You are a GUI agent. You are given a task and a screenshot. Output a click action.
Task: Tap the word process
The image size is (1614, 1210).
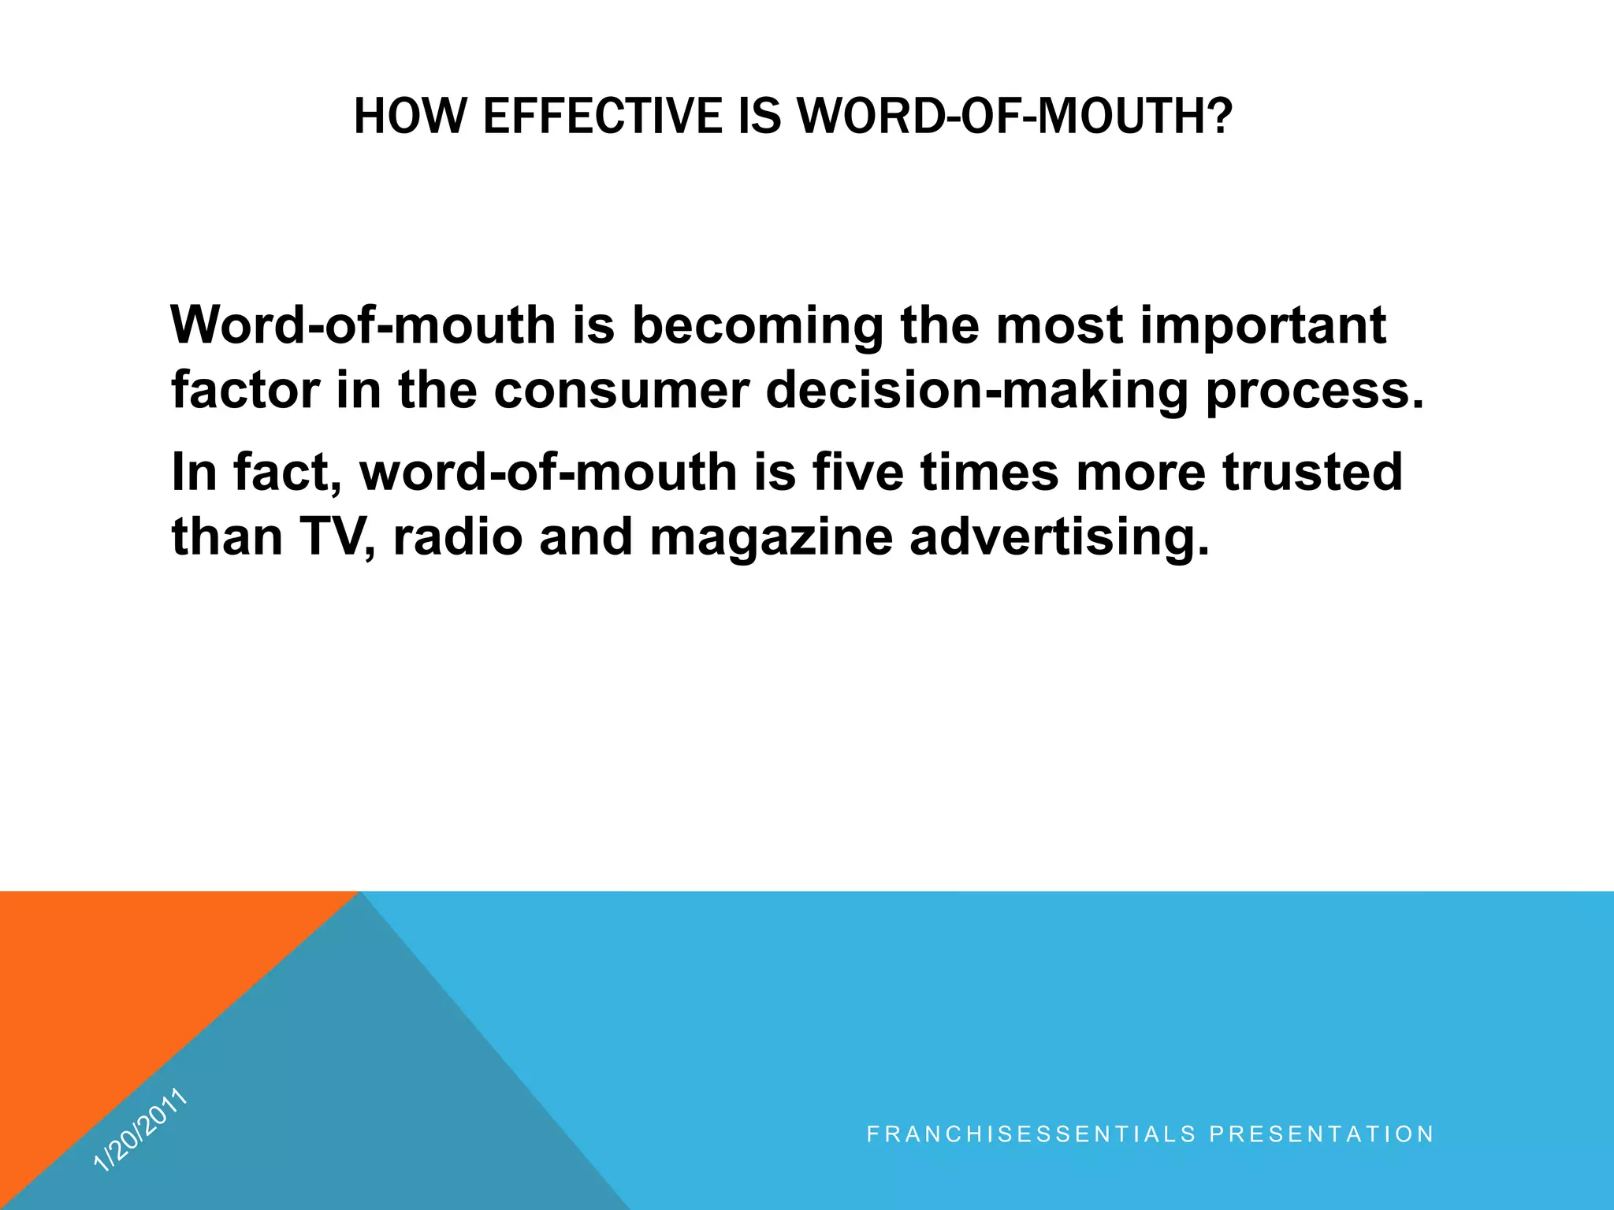click(x=1315, y=392)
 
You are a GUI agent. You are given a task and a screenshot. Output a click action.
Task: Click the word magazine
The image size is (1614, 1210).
click(x=771, y=539)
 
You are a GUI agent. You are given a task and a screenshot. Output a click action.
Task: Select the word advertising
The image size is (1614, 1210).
click(x=1059, y=539)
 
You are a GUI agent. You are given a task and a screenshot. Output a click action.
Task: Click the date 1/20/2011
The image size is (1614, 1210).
click(x=140, y=1130)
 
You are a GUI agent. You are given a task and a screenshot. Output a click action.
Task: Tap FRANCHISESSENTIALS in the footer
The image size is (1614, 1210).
click(x=1031, y=1134)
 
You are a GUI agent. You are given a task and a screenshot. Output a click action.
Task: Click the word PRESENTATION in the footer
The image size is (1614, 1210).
click(x=1322, y=1134)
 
